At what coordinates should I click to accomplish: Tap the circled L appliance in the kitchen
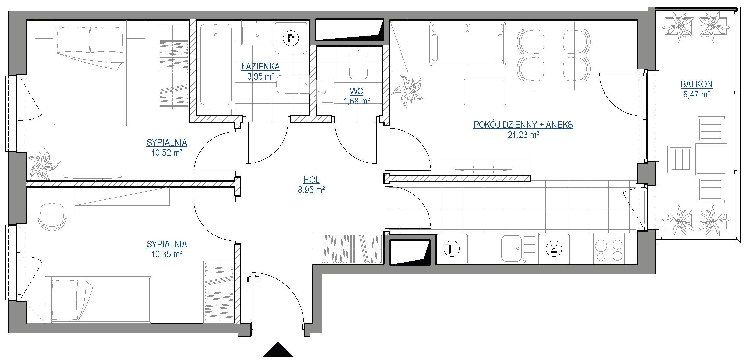click(x=452, y=249)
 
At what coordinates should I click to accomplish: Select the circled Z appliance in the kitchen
click(x=554, y=249)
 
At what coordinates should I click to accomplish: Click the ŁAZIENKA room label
click(x=261, y=67)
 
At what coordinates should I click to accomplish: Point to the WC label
click(x=357, y=91)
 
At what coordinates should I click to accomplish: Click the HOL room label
click(x=311, y=180)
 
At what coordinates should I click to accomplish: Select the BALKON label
click(x=697, y=84)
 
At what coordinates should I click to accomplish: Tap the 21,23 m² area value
click(x=523, y=135)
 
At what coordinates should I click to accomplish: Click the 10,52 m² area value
click(x=167, y=152)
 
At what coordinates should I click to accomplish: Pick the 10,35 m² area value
click(x=167, y=254)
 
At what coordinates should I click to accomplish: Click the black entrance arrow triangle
click(x=278, y=349)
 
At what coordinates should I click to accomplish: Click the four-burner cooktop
click(x=609, y=249)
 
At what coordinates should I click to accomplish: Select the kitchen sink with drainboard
click(x=518, y=249)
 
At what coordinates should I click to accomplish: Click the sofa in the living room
click(x=467, y=43)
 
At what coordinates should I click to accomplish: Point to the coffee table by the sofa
click(x=484, y=92)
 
